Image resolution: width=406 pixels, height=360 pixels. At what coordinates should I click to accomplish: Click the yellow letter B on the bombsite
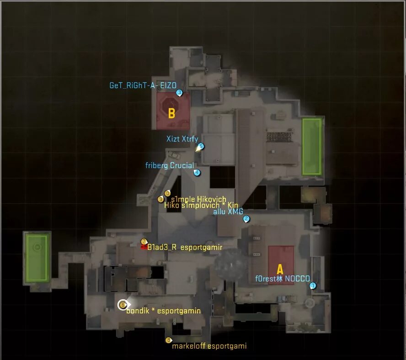[171, 113]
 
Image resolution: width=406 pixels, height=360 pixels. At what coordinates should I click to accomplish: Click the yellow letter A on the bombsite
[280, 270]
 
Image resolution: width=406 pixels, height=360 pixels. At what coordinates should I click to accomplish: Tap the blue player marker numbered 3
[179, 93]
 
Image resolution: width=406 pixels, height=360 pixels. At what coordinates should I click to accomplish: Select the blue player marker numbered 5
[201, 146]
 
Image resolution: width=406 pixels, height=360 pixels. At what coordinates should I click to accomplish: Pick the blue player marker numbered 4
[197, 172]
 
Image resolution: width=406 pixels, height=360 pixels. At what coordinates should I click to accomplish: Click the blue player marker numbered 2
[246, 219]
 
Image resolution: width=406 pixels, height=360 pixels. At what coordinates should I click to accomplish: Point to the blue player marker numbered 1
[313, 286]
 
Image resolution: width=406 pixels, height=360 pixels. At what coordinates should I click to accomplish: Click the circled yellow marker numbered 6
[123, 305]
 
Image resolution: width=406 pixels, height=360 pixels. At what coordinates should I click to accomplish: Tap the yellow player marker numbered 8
[168, 340]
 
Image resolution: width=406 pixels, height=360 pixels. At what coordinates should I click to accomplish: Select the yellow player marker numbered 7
[144, 242]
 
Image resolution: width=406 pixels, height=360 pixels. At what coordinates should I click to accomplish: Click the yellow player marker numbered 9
[160, 199]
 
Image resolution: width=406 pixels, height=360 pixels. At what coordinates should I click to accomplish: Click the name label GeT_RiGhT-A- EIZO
[143, 85]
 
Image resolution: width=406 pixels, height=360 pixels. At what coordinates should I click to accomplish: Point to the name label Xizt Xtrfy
[182, 138]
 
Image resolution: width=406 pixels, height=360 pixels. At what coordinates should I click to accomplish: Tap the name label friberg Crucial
[169, 165]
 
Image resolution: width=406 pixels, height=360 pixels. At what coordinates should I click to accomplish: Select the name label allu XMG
[228, 212]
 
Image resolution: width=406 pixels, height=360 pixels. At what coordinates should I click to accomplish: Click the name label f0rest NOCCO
[282, 279]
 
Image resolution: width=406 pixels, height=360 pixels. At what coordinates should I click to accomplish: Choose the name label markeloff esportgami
[209, 346]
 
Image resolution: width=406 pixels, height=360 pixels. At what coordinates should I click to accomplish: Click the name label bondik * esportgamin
[163, 311]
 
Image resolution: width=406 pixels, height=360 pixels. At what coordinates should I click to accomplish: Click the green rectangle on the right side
[312, 146]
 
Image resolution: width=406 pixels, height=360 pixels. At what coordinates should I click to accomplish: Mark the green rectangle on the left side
[37, 257]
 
